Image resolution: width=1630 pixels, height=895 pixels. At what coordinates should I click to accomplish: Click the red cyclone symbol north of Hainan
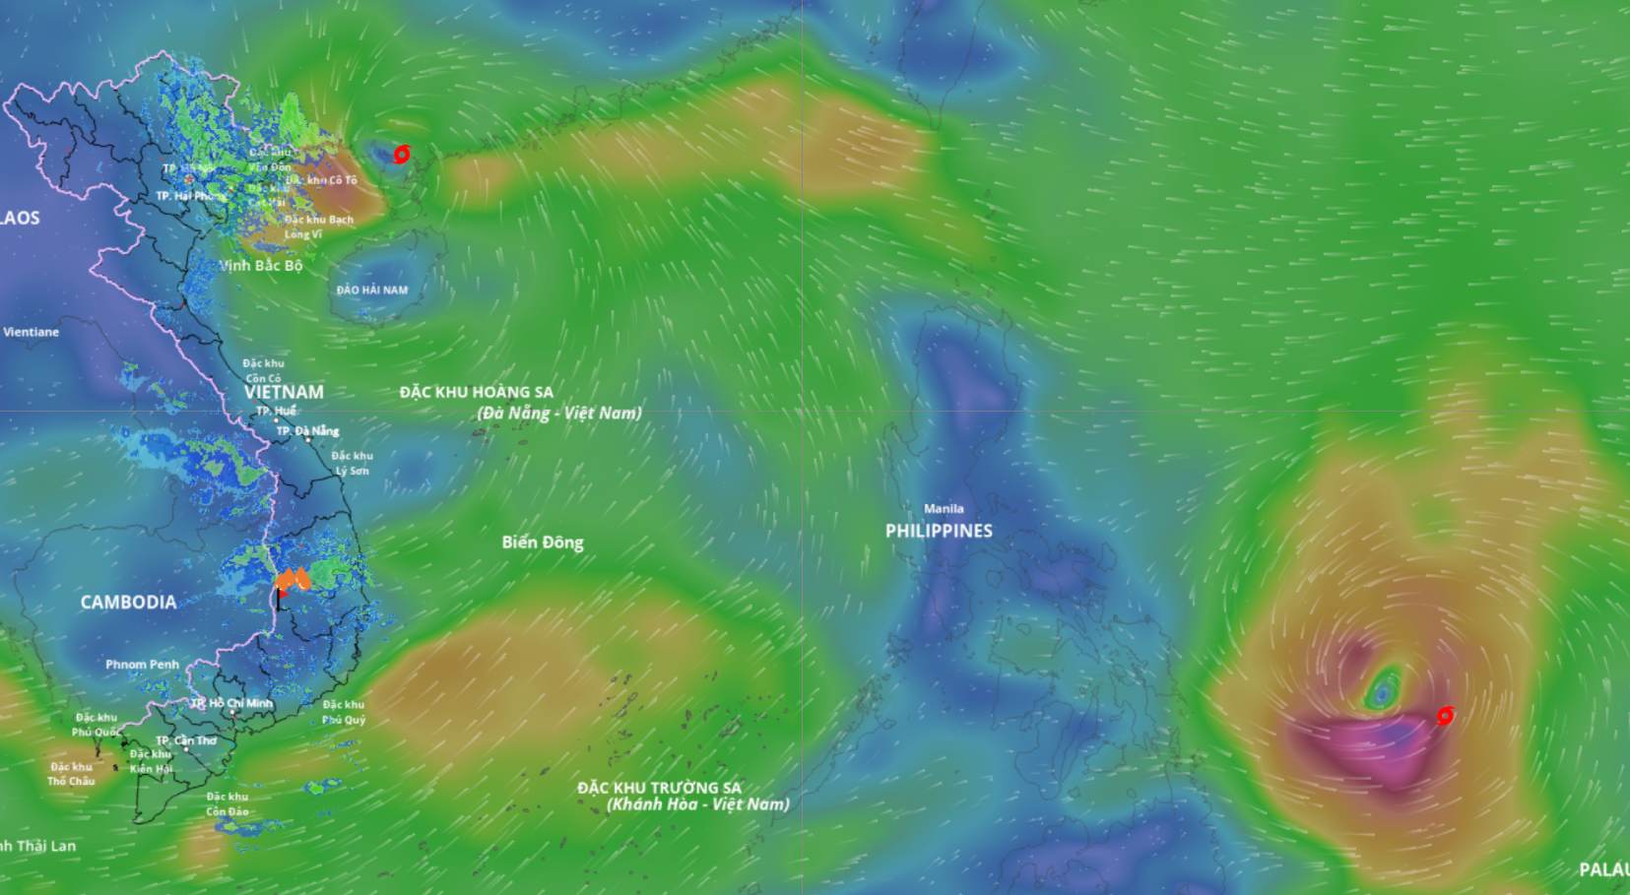[x=401, y=155]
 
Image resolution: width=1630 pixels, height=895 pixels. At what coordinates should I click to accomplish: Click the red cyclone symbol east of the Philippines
[x=1445, y=716]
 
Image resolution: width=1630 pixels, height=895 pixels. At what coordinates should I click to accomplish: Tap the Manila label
[x=944, y=509]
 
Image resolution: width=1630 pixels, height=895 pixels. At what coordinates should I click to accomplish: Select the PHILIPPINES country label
[x=939, y=531]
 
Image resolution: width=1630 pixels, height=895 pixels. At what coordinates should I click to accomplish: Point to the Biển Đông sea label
[x=542, y=543]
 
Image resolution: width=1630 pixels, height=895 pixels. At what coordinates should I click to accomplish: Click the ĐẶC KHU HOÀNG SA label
[x=476, y=393]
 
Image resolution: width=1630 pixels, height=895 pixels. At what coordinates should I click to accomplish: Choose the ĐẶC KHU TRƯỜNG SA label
[x=659, y=788]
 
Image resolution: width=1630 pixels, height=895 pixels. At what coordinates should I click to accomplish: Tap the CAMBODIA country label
[x=128, y=602]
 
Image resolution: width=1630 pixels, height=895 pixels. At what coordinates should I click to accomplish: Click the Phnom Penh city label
[x=142, y=665]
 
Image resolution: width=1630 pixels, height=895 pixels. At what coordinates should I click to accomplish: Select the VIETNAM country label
[x=284, y=392]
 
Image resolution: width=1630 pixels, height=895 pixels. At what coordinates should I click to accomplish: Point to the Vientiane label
[x=31, y=332]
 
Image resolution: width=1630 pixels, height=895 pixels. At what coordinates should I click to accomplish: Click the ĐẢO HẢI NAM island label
[x=371, y=289]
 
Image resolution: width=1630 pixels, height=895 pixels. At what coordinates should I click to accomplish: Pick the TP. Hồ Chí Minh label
[x=232, y=703]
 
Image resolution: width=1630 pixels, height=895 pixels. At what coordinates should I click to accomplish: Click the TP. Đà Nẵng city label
[x=307, y=431]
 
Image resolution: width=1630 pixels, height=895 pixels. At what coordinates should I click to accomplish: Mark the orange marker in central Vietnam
[x=293, y=580]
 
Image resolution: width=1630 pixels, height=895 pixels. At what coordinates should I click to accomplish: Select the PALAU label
[x=1603, y=869]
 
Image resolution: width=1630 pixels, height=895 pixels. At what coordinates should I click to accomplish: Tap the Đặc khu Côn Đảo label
[x=228, y=804]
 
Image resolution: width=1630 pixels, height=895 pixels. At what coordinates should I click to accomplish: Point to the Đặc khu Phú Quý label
[x=344, y=712]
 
